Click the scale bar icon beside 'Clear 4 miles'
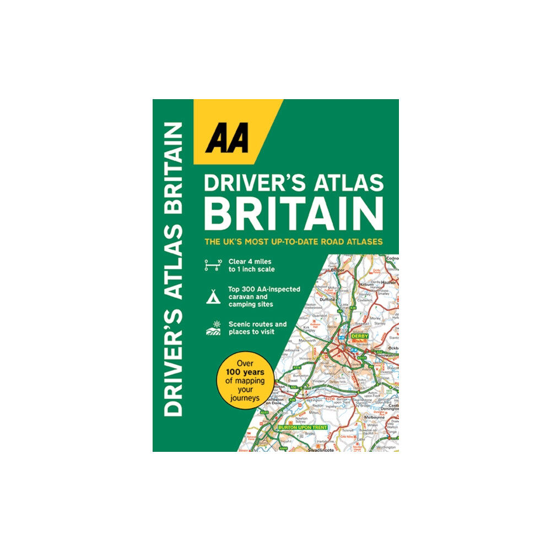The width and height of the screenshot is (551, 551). click(213, 265)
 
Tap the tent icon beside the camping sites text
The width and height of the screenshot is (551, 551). click(213, 298)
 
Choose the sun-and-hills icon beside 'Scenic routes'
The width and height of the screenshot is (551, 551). click(213, 328)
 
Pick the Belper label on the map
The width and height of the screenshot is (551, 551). click(337, 264)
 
